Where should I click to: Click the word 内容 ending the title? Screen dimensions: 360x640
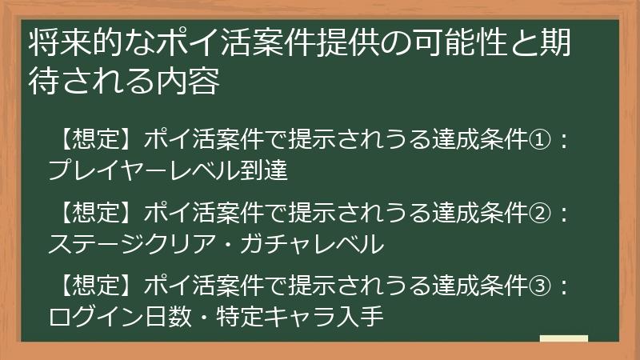point(191,81)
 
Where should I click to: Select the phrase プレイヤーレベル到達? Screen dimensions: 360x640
point(167,170)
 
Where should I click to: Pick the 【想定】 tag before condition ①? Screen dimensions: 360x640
point(95,142)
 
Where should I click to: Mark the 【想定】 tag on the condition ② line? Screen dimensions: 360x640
point(95,213)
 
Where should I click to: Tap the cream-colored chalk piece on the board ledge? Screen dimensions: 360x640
point(564,338)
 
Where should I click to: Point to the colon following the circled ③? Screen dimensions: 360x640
point(565,285)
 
